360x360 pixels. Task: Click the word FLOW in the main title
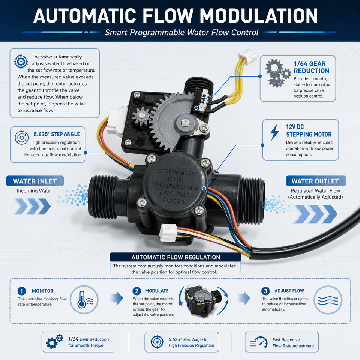click(168, 16)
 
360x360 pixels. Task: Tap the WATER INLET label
click(35, 181)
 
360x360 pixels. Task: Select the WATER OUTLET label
click(316, 181)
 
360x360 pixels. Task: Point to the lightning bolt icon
click(274, 132)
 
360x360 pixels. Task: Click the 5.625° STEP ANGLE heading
click(57, 134)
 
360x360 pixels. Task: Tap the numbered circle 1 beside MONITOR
click(22, 291)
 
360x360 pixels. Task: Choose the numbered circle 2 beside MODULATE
click(136, 291)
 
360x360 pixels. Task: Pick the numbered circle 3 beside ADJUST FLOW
click(265, 291)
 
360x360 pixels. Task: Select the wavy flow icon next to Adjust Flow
click(328, 300)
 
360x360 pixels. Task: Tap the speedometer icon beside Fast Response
click(259, 342)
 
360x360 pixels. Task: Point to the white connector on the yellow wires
click(248, 56)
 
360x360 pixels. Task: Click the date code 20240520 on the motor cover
click(174, 201)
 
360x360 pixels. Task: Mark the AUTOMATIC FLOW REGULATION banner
click(175, 257)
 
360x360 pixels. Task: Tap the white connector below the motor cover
click(169, 233)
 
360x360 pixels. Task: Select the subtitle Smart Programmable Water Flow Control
click(181, 32)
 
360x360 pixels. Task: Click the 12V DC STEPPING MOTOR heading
click(309, 131)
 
